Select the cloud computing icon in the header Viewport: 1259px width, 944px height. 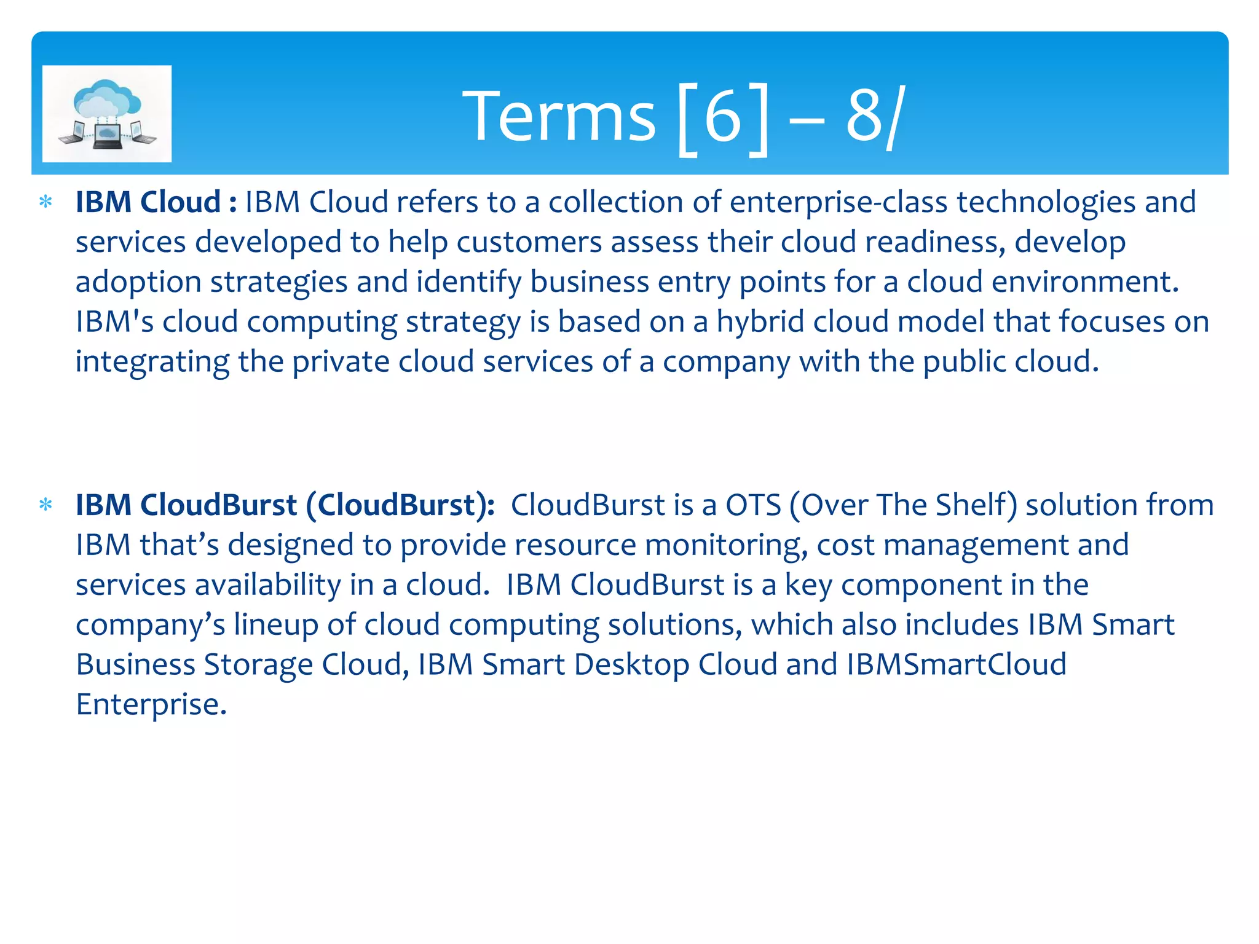pos(107,114)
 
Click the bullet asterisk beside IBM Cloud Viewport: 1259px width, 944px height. pos(45,202)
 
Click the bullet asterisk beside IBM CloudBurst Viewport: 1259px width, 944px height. pos(45,505)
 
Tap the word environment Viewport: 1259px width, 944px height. pos(1084,282)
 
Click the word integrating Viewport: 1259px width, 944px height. pos(152,362)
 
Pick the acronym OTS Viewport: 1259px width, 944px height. pos(753,505)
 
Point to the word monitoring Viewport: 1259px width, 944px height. pos(725,545)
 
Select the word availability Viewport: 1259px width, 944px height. pos(267,584)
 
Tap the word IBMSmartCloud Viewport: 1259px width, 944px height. pos(956,664)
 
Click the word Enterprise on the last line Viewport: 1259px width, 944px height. pos(151,704)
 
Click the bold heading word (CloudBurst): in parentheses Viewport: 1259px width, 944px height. pos(400,505)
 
